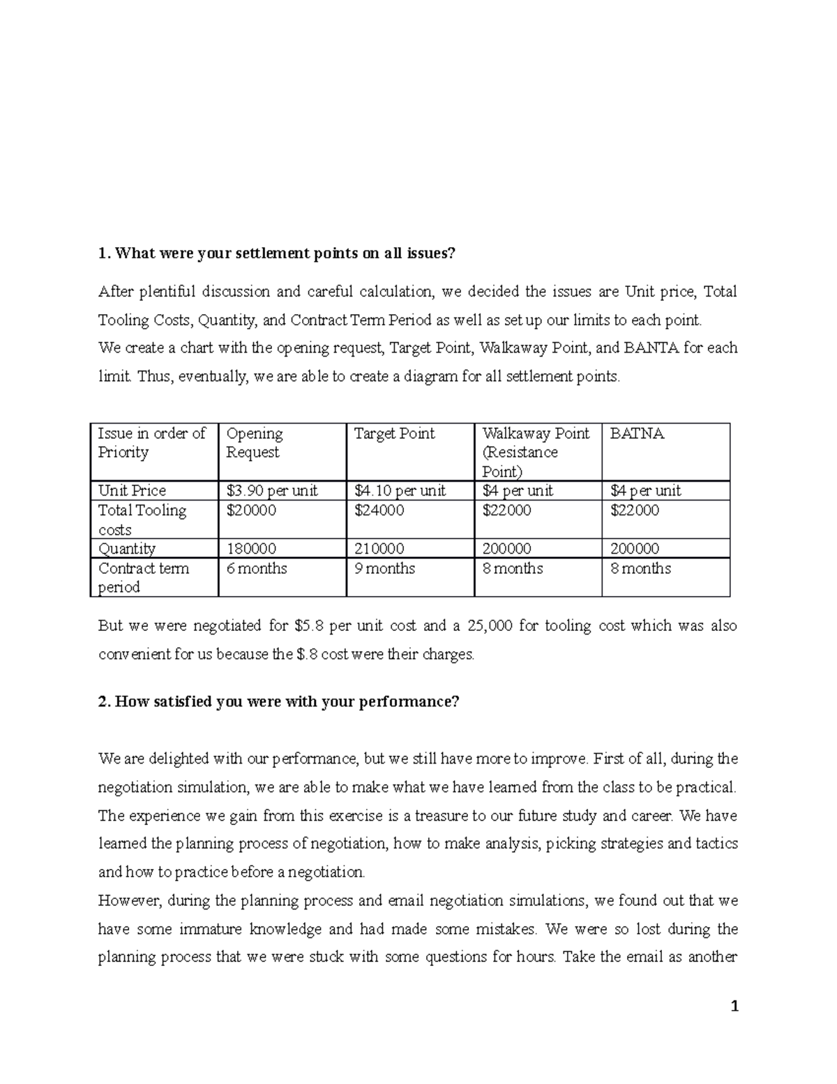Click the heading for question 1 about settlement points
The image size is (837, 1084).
tap(276, 253)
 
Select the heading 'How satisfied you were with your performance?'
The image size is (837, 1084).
tap(279, 701)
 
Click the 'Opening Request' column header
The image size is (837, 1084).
tap(255, 443)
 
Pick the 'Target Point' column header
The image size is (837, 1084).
tap(394, 433)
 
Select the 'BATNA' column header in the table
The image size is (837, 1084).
tap(637, 433)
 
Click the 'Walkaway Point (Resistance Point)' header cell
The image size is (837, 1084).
tap(535, 452)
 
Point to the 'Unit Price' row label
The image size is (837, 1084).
tap(132, 491)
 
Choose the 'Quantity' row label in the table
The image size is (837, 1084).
tap(127, 549)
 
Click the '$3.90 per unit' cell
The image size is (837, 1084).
tap(271, 491)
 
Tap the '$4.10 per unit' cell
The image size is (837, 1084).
tap(400, 491)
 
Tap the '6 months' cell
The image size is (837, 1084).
tap(257, 568)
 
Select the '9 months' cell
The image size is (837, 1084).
tap(384, 568)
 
